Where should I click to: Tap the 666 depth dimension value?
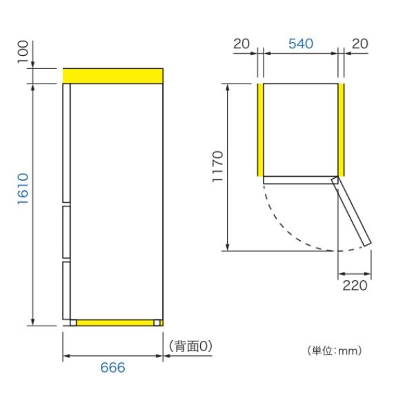point(112,368)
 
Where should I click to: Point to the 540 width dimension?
point(300,43)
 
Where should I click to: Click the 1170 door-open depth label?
point(217,166)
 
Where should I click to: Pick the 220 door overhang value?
point(354,284)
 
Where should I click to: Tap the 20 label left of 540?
point(241,43)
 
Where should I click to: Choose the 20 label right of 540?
point(358,43)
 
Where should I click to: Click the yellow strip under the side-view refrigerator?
point(115,322)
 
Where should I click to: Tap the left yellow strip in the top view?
point(260,130)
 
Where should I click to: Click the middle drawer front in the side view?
point(66,232)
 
